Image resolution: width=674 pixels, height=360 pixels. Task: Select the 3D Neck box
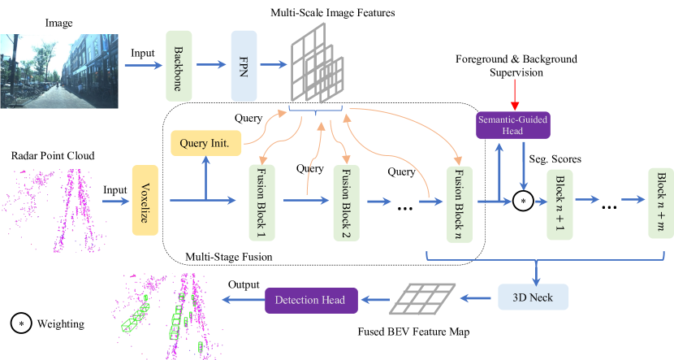[534, 298]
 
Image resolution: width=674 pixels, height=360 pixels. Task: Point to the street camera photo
[60, 70]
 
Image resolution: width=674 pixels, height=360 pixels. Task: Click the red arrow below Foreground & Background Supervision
[513, 94]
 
